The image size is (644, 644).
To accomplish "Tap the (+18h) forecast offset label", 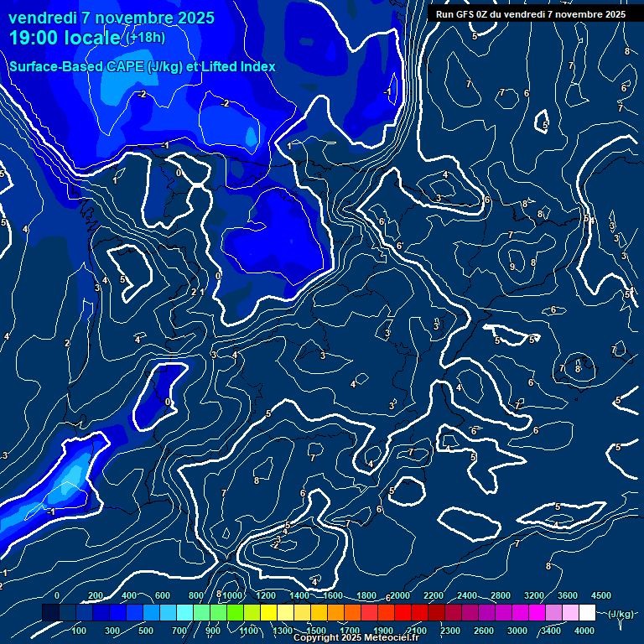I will click(144, 37).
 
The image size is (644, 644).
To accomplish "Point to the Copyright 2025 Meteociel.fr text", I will click(358, 638).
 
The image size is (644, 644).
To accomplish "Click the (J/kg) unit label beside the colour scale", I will click(621, 614).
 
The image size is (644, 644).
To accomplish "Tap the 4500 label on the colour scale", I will click(601, 595).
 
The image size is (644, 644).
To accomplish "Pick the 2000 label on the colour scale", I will click(400, 595).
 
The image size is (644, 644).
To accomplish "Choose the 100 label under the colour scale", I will click(79, 631).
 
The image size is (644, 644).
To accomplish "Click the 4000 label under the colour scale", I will click(584, 631).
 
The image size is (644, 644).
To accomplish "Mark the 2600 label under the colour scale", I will click(484, 631).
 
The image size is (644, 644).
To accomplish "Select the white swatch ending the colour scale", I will click(587, 614).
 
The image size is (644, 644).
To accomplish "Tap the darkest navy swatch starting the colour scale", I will click(50, 614).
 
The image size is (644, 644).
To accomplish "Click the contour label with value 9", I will click(512, 267).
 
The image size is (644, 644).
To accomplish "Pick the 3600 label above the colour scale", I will click(568, 595).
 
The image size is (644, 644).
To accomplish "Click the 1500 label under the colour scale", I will click(316, 631).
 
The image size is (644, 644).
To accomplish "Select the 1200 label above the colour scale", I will click(266, 595).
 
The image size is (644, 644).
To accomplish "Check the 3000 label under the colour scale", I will click(517, 631).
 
